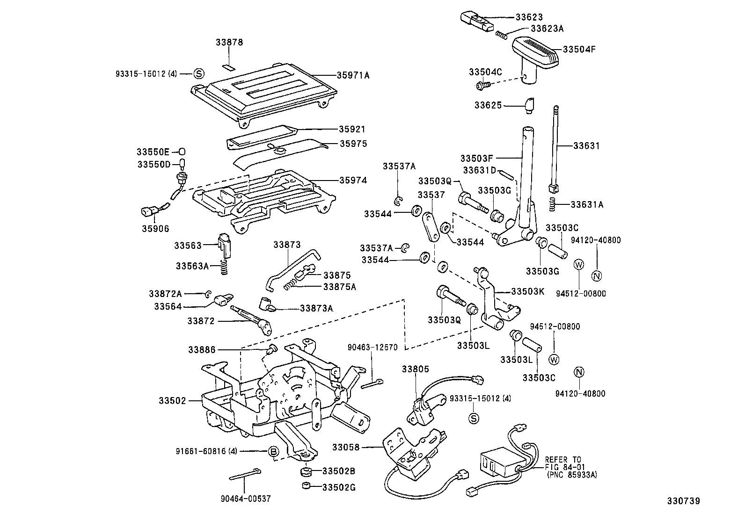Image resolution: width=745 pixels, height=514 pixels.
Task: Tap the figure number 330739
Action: click(x=683, y=501)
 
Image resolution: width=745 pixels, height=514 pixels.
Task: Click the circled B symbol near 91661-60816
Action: click(x=273, y=451)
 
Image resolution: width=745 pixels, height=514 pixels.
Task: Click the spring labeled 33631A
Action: click(x=552, y=203)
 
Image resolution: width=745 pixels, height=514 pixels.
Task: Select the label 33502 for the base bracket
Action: click(x=172, y=400)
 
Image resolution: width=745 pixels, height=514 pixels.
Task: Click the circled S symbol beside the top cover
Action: click(x=199, y=73)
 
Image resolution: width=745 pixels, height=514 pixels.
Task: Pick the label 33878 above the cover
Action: click(x=229, y=42)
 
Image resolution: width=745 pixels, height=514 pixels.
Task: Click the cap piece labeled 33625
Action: click(x=529, y=105)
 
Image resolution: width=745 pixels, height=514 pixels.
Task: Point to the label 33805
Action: click(x=415, y=369)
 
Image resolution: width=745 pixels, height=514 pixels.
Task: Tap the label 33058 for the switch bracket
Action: click(x=346, y=447)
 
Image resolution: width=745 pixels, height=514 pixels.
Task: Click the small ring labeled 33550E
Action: click(x=183, y=152)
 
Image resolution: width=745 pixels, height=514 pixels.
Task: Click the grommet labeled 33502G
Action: click(x=307, y=486)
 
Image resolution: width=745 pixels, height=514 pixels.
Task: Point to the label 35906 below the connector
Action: click(x=156, y=229)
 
